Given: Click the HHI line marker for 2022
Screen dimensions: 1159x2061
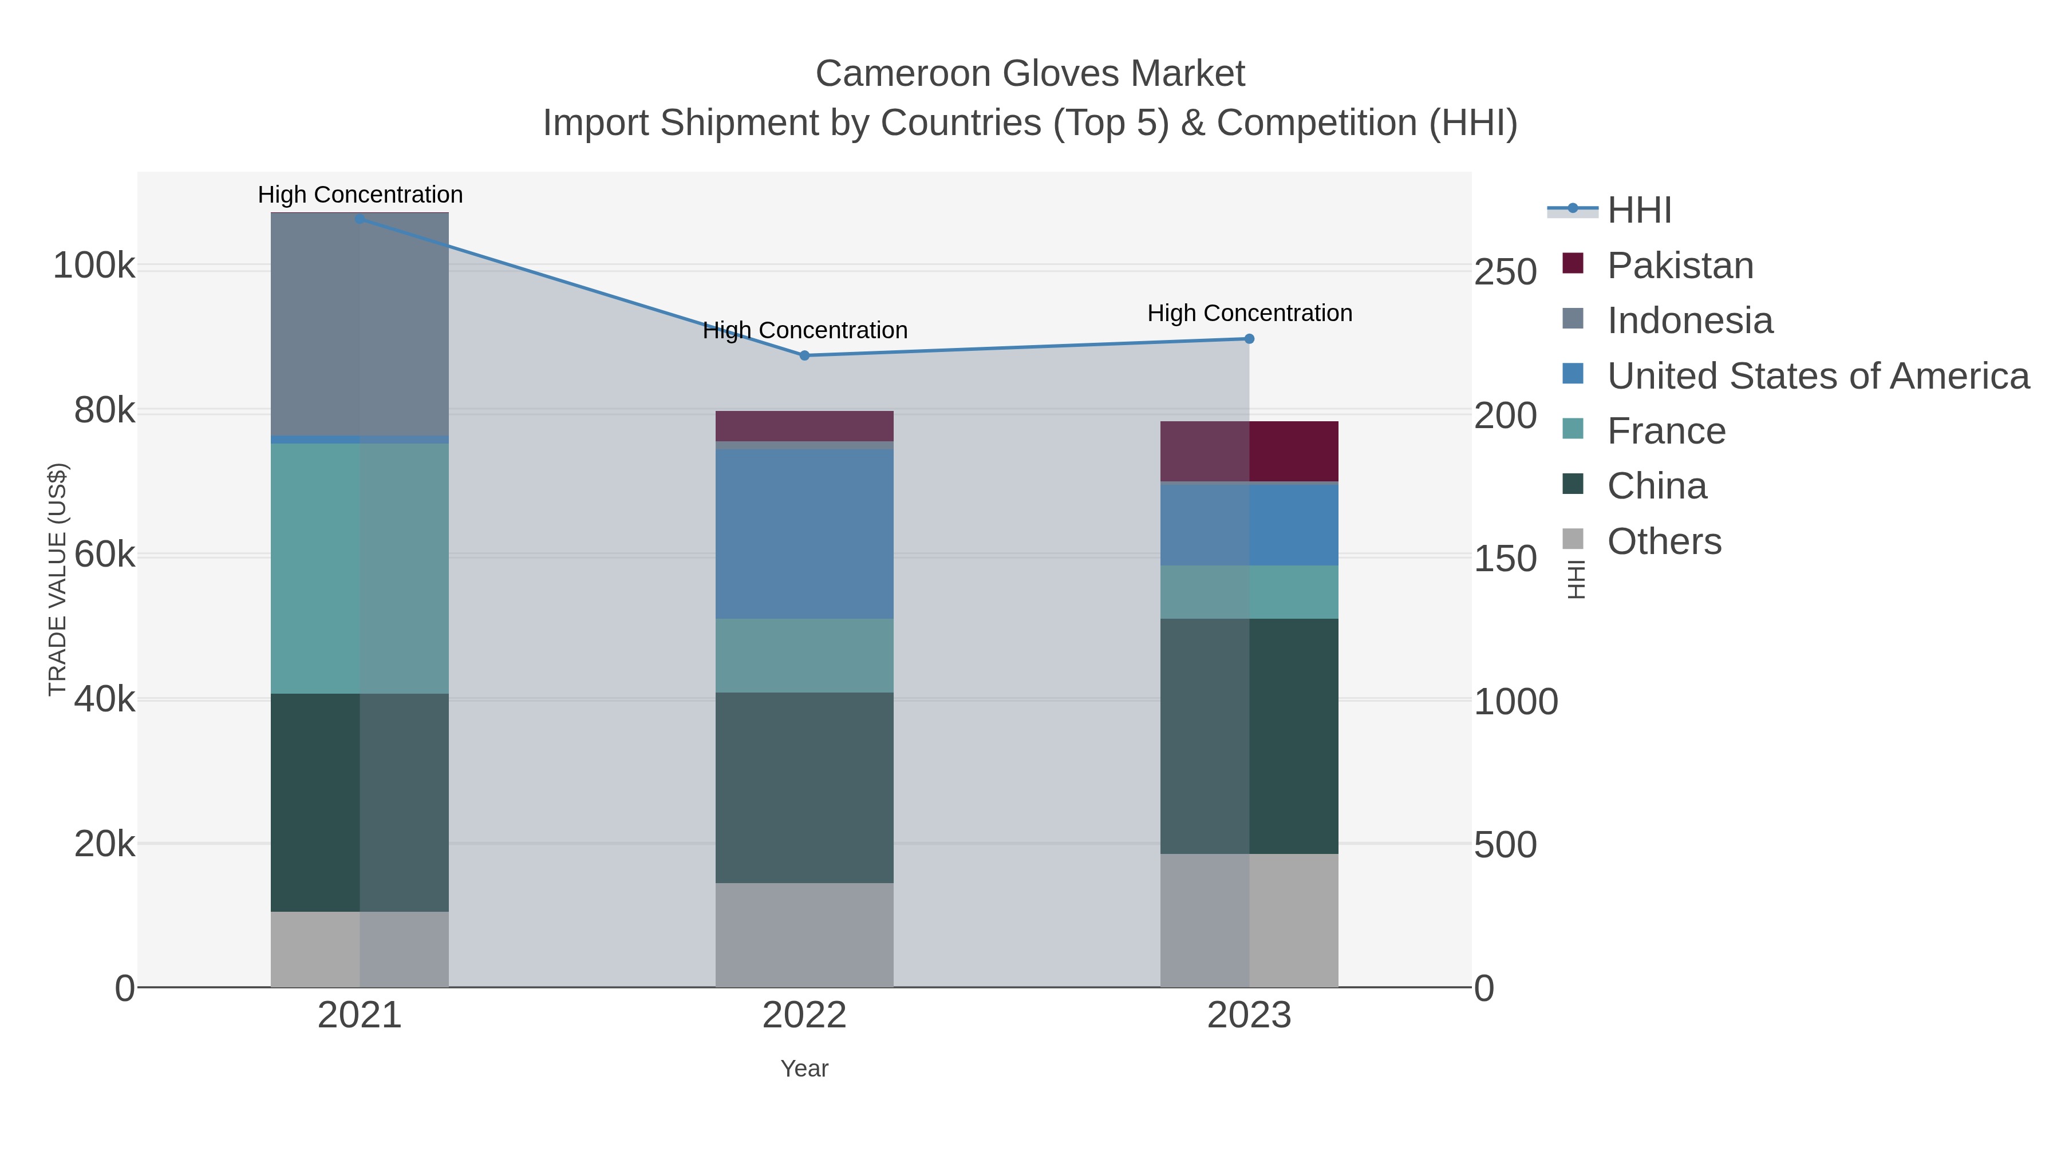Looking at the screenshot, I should (x=804, y=355).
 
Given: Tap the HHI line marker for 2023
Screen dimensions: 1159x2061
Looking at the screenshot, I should (x=1249, y=338).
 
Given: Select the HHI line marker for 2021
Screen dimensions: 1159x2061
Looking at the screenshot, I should (x=360, y=219).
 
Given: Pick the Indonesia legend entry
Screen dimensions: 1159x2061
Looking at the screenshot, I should (x=1690, y=321).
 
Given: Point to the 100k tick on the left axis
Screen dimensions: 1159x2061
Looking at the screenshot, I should (x=94, y=266).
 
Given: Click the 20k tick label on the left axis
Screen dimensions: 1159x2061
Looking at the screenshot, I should (x=104, y=844).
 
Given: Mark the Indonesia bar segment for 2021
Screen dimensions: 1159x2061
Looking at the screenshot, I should (x=360, y=324).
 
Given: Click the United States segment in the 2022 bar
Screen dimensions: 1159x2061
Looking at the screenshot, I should (x=804, y=533).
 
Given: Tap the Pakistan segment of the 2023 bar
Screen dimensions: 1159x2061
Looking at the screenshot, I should (x=1249, y=451).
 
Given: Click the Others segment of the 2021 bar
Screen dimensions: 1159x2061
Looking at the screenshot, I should (x=360, y=950).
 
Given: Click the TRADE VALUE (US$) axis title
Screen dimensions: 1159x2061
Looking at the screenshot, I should (x=58, y=579).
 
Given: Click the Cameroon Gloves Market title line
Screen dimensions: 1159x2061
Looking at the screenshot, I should (x=1030, y=74).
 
